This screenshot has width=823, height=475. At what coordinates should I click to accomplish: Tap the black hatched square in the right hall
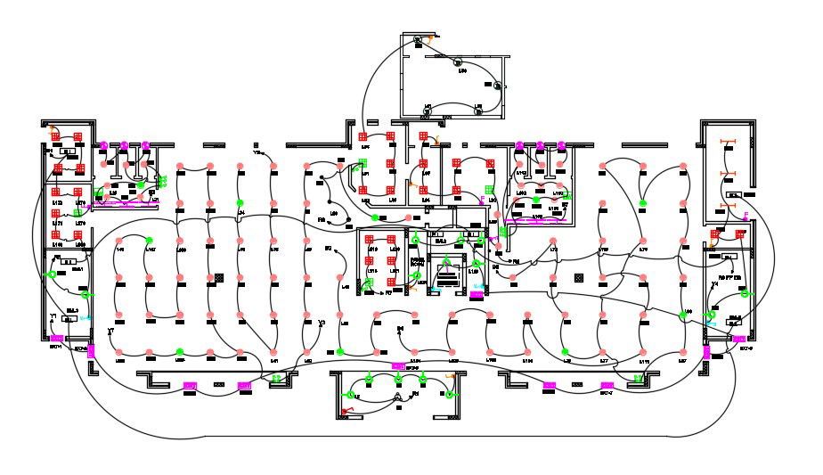pyautogui.click(x=580, y=279)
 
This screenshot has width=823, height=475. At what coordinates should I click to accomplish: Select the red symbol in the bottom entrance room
pyautogui.click(x=347, y=410)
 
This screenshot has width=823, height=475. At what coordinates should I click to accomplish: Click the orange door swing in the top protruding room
pyautogui.click(x=431, y=40)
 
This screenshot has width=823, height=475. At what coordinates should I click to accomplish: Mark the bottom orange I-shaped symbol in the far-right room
pyautogui.click(x=727, y=207)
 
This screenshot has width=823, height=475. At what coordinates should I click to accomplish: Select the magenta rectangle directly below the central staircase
pyautogui.click(x=477, y=294)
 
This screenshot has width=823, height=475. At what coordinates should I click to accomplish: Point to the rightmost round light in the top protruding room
pyautogui.click(x=499, y=86)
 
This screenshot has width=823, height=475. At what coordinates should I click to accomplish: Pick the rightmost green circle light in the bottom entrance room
pyautogui.click(x=424, y=381)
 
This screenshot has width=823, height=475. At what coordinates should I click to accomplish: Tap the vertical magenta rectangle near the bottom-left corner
pyautogui.click(x=54, y=339)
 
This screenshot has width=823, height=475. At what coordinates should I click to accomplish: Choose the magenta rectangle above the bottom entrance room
pyautogui.click(x=398, y=365)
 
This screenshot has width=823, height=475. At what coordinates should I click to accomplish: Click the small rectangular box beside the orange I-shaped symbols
pyautogui.click(x=734, y=194)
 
